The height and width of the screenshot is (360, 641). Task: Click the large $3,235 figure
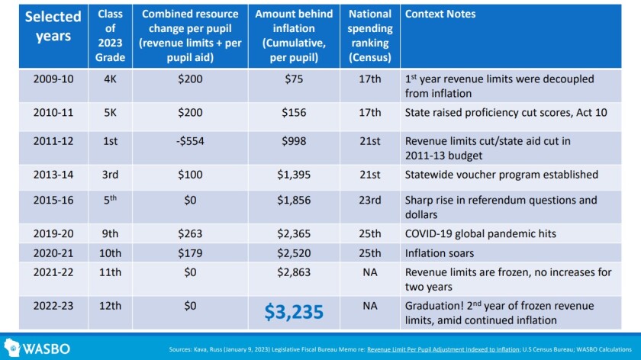point(294,312)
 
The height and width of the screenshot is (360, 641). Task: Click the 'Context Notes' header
point(440,14)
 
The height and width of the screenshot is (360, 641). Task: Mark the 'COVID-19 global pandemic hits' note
point(480,235)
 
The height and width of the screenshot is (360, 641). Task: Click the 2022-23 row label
point(54,304)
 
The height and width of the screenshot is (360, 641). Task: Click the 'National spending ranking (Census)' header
point(370,35)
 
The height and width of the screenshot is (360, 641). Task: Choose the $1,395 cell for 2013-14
point(294,175)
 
